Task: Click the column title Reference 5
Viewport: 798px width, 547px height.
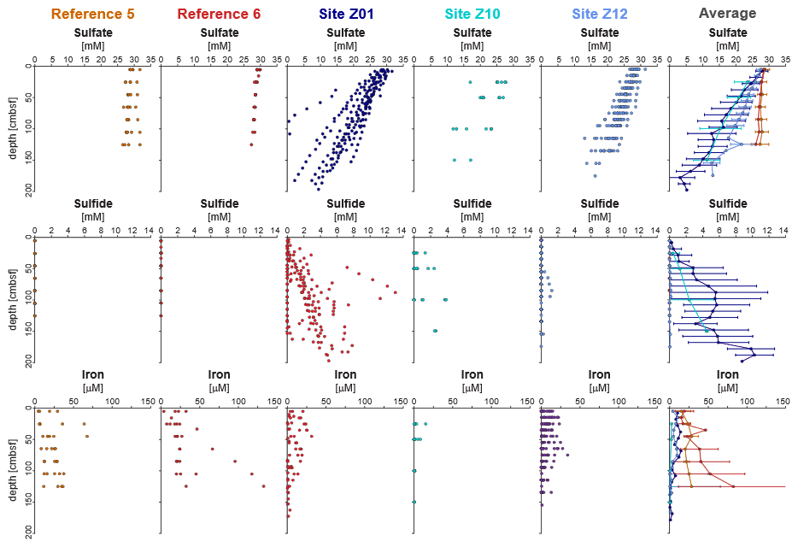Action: click(x=91, y=14)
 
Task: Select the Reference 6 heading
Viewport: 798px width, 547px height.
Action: click(x=218, y=14)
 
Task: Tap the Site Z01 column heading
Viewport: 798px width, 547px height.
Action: click(x=345, y=14)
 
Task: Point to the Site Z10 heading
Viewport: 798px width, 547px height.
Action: click(x=472, y=14)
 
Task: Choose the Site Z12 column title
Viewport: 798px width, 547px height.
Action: click(x=600, y=14)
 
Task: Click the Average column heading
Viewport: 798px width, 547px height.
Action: click(x=727, y=14)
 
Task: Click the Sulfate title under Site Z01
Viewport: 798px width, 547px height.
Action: click(x=345, y=32)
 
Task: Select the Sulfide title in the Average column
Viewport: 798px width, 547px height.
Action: click(x=727, y=204)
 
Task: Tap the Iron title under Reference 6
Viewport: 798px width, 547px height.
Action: click(x=218, y=374)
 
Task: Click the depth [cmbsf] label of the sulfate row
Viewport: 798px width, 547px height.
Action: click(x=11, y=128)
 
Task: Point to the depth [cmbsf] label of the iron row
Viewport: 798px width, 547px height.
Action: click(x=11, y=471)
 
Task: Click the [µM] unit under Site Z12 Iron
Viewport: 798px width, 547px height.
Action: click(x=600, y=388)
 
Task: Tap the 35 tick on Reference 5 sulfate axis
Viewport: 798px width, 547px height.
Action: click(x=150, y=60)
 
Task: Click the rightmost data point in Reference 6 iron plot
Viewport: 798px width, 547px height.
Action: click(x=263, y=486)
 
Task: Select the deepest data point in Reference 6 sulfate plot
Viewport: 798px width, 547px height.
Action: click(x=251, y=144)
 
